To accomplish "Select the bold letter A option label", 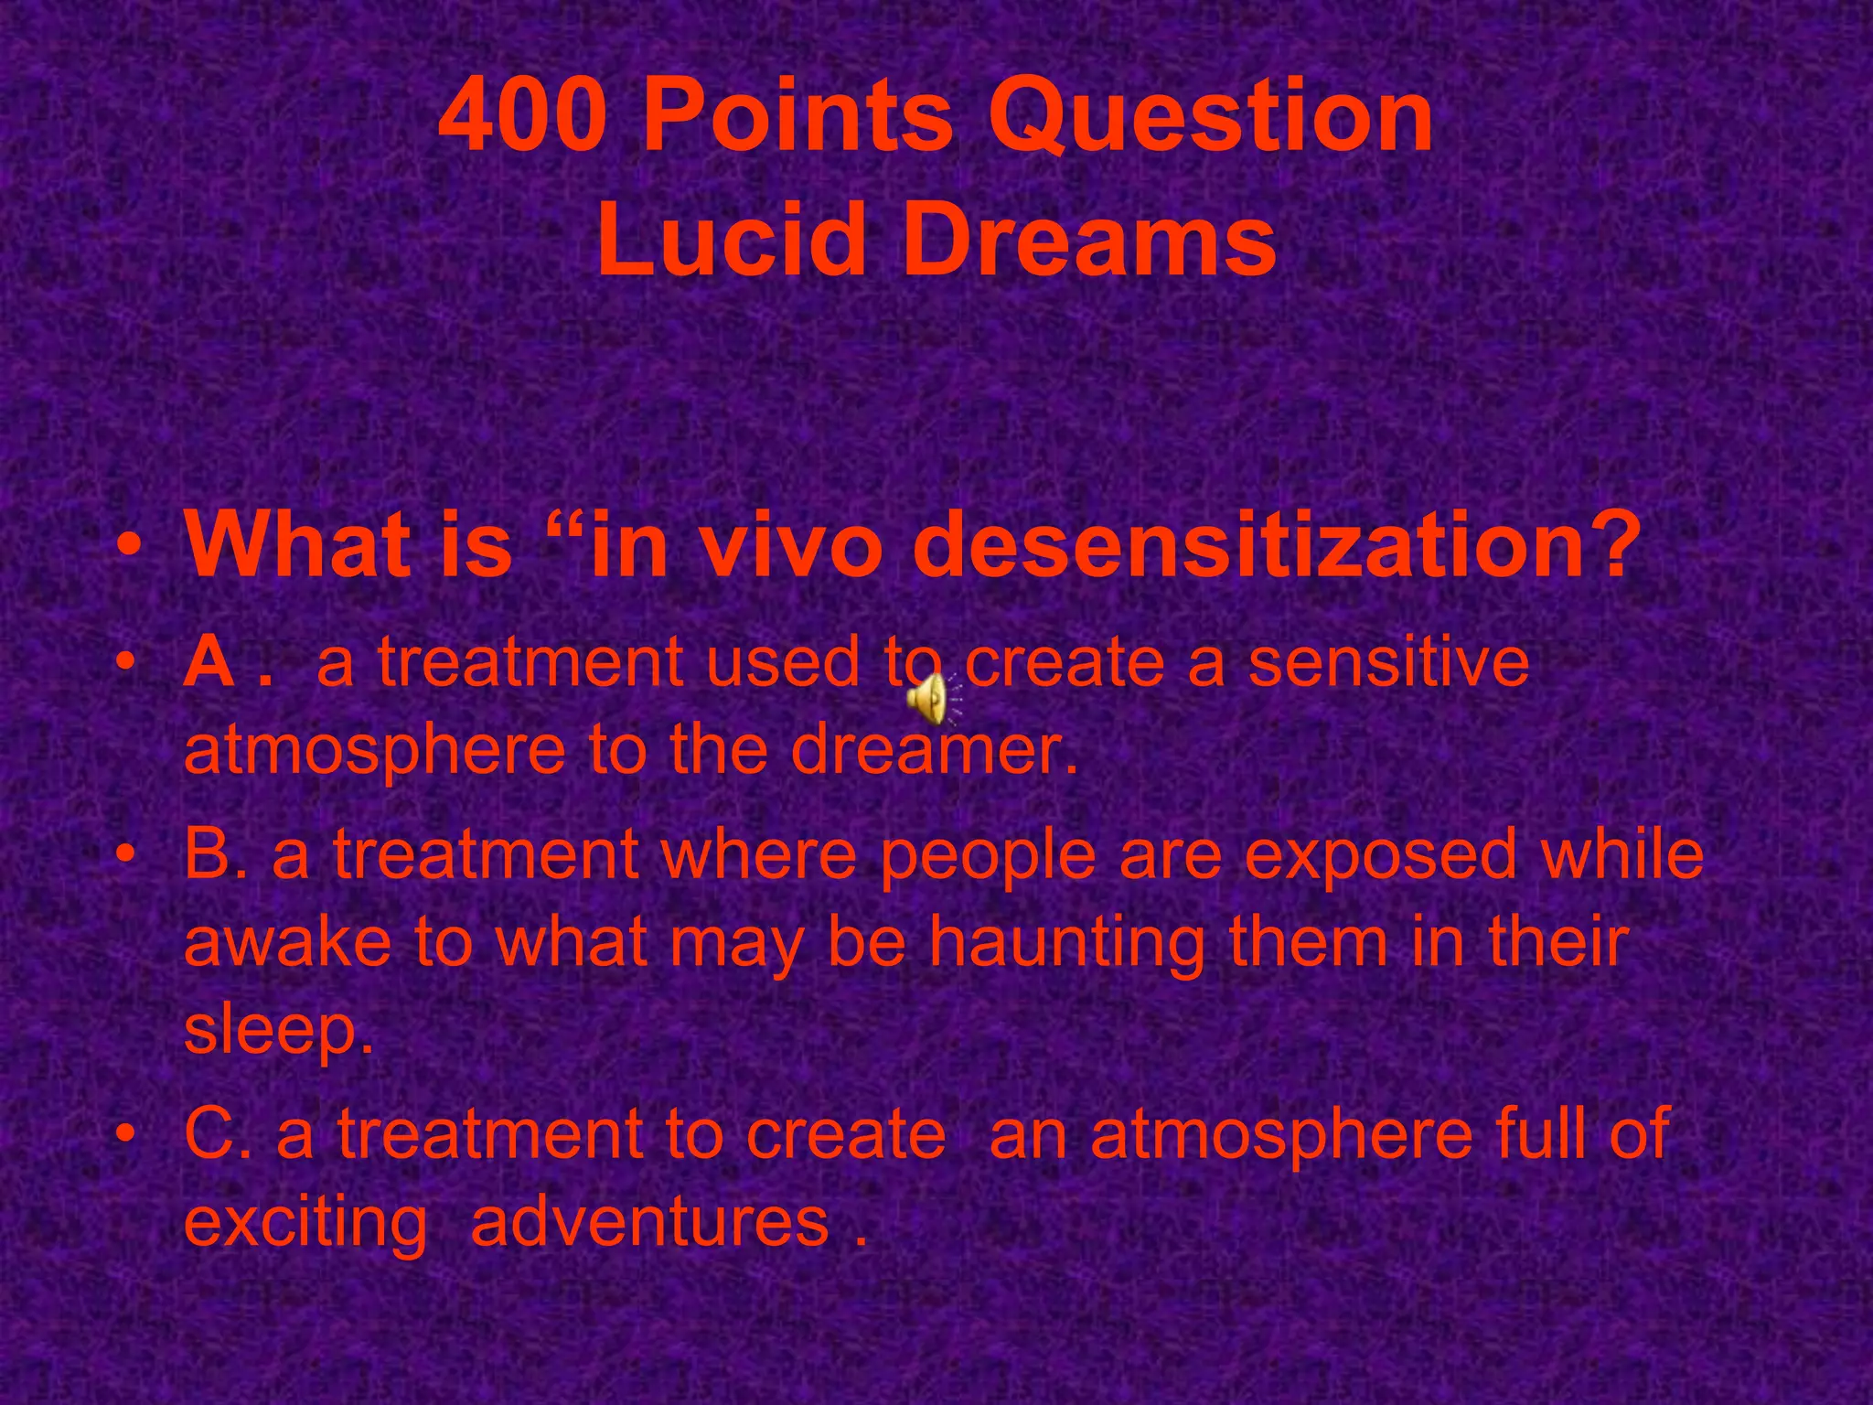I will point(210,661).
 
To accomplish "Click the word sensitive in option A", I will point(1388,661).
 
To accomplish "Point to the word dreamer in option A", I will point(933,749).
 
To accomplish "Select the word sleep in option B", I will point(276,1030).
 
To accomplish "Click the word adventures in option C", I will point(650,1221).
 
